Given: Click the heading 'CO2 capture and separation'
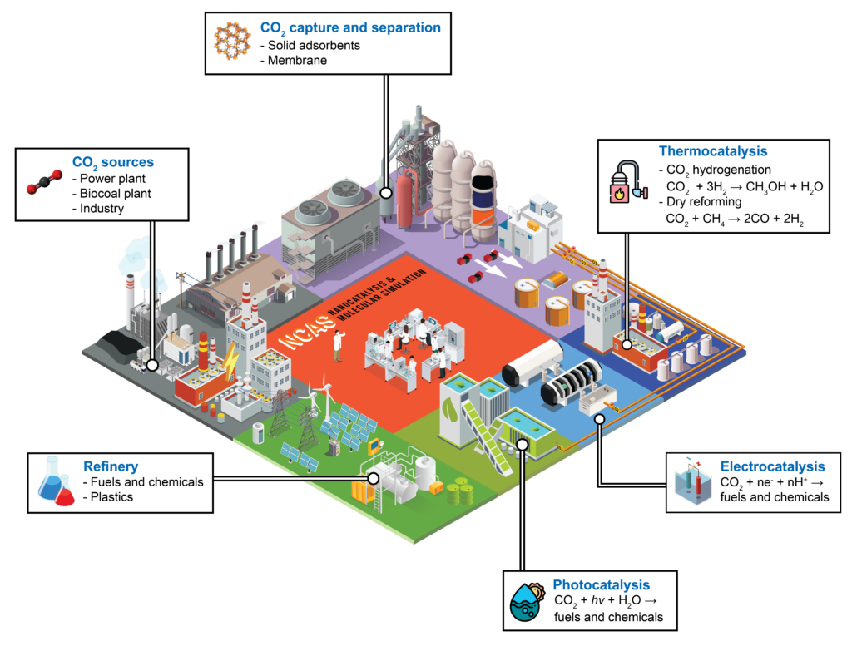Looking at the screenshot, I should click(x=350, y=27).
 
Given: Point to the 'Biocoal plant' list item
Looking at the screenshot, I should click(x=116, y=192).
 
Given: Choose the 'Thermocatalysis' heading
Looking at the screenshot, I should click(x=712, y=151).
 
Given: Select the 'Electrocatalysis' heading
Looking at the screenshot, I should click(x=773, y=466).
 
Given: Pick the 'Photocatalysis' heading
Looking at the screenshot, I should click(x=601, y=585).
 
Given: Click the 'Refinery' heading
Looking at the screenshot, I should click(x=111, y=466).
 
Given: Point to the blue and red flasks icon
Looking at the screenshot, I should click(x=56, y=482).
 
